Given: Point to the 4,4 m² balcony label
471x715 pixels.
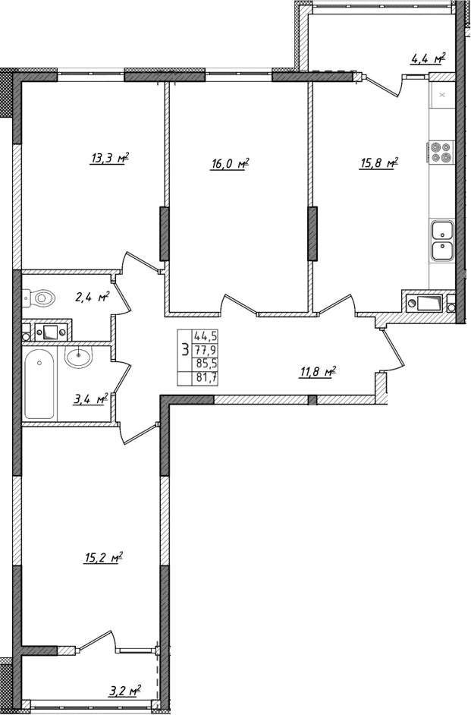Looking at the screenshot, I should coord(427,58).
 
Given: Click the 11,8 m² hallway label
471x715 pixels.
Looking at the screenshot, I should coord(317,371).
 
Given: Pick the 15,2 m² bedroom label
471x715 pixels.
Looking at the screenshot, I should coord(103,559).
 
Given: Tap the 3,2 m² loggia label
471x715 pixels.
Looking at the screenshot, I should coord(124,691).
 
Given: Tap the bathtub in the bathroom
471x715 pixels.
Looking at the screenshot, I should coord(39,383).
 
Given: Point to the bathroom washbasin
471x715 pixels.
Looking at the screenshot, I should coord(78,357).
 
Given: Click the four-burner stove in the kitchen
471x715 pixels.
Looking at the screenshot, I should coord(441,153).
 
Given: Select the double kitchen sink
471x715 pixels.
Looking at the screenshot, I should coord(441,240).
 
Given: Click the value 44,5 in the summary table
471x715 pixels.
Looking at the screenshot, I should coord(206,335).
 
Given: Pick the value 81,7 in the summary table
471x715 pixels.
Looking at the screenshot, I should coord(206,376).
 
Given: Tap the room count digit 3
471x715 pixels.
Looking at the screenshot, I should coord(184,350).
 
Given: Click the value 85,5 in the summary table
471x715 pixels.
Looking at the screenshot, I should coord(206,363).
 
